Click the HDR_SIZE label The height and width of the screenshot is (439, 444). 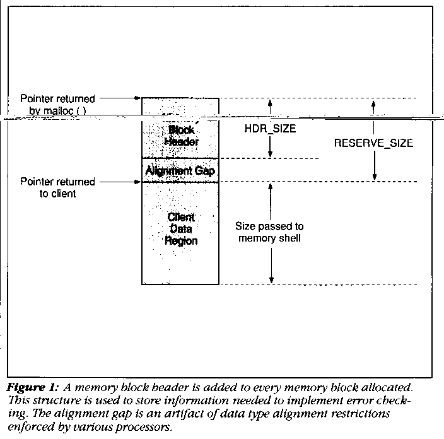tap(269, 127)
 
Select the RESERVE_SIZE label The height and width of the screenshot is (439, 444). tap(373, 143)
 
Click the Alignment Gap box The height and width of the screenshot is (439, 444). tap(180, 170)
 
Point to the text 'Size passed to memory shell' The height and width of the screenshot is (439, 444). tap(269, 232)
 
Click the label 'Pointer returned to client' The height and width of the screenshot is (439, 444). tap(57, 188)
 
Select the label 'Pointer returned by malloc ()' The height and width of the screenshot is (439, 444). tap(57, 105)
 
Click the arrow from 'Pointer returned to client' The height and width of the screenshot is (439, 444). tap(119, 182)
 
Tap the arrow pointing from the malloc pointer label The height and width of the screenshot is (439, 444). tap(119, 98)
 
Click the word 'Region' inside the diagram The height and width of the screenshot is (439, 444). tap(181, 240)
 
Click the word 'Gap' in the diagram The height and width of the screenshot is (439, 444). tap(206, 170)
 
